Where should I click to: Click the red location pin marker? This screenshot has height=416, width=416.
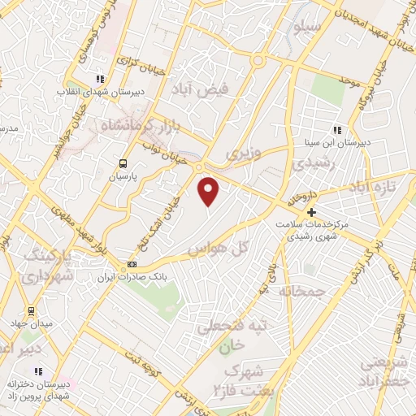tap(210, 192)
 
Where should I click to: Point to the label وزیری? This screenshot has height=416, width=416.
tap(244, 153)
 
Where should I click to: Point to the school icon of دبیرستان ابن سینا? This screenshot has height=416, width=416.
tap(336, 130)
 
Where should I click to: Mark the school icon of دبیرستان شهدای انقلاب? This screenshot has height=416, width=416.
tap(99, 80)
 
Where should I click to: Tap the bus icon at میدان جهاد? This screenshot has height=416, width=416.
tap(31, 310)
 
